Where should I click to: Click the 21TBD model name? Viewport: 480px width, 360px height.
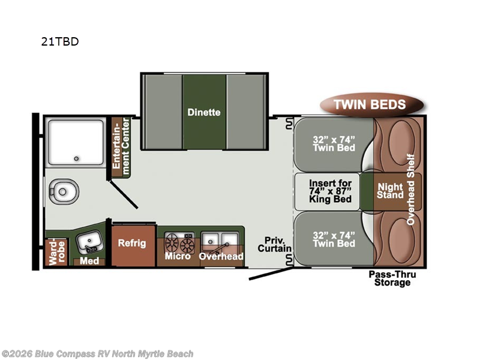(60, 41)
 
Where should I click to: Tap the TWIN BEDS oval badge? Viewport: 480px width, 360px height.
(371, 104)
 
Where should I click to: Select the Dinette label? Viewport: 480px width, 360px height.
(204, 112)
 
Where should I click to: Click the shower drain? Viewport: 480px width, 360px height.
(76, 158)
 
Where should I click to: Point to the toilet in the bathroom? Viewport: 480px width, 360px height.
(64, 191)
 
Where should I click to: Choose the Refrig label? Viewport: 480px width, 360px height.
(132, 243)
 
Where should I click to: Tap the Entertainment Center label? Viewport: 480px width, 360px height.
(121, 147)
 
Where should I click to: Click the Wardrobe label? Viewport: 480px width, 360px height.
(57, 253)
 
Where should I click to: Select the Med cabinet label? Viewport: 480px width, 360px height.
(89, 261)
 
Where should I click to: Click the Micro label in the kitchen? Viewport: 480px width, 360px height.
(178, 256)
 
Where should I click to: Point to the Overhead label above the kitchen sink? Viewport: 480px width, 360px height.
(221, 256)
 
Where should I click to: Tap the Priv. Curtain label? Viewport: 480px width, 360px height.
(275, 244)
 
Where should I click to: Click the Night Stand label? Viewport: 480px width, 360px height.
(391, 191)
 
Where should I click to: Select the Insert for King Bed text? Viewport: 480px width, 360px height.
(331, 191)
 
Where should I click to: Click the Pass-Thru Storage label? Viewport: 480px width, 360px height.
(392, 278)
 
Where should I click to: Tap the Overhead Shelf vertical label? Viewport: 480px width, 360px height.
(410, 190)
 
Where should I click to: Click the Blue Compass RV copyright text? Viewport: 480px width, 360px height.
(97, 354)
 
